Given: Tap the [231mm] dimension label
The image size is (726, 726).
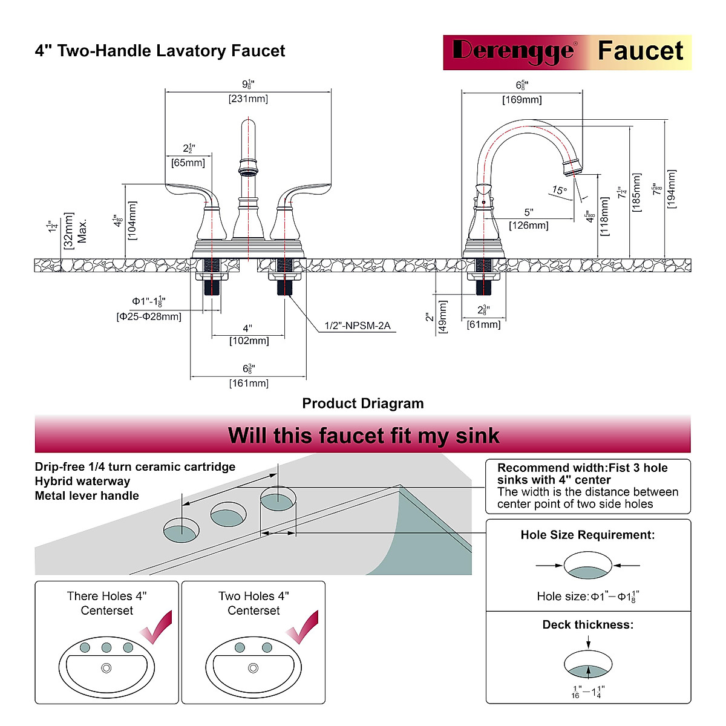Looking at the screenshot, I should [x=248, y=99].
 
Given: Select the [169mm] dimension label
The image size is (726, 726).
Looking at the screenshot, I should [x=522, y=100].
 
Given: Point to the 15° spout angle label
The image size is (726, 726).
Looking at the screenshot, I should [x=559, y=191].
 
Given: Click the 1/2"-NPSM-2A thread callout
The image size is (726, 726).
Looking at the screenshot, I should [x=357, y=326].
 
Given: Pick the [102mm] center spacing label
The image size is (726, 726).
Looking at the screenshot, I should [x=249, y=341].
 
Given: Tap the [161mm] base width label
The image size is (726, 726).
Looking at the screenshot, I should [x=249, y=383].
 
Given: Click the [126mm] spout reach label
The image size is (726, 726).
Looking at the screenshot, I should [x=528, y=226].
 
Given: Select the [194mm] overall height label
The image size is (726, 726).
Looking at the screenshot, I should [x=671, y=189].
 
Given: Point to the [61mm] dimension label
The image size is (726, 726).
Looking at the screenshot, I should [x=483, y=325].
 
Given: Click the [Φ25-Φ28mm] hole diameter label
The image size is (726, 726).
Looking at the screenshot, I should [x=149, y=316].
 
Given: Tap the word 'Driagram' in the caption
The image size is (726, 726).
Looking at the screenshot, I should [x=392, y=404].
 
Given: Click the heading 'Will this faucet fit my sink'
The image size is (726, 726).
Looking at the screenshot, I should [x=363, y=436].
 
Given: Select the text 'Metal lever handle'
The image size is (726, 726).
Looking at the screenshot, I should [x=87, y=496].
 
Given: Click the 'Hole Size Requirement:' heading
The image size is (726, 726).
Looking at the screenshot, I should [x=587, y=535].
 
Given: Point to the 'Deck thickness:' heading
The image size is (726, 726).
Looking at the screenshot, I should [x=587, y=625].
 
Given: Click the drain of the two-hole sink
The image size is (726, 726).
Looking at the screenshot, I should [x=253, y=668].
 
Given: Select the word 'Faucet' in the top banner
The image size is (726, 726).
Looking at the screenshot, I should [x=640, y=51].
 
